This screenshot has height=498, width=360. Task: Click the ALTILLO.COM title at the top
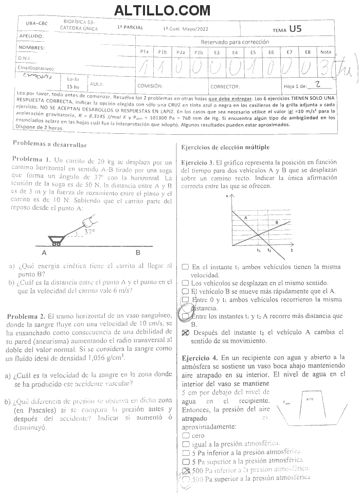(162, 10)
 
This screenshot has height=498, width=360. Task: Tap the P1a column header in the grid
(145, 52)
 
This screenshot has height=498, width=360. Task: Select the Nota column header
(325, 52)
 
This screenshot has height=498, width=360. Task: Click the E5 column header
(253, 52)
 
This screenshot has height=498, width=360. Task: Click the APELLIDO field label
(31, 37)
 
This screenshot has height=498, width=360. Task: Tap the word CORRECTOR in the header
(225, 86)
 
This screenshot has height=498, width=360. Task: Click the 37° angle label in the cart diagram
(89, 232)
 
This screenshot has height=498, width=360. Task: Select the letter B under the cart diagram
(137, 253)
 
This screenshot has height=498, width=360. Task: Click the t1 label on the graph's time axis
(259, 250)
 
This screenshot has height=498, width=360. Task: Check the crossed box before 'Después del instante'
(186, 333)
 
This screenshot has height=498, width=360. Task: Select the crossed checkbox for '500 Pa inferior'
(186, 470)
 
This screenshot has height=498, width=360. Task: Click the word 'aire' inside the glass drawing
(310, 399)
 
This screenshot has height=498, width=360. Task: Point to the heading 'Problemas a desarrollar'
(50, 145)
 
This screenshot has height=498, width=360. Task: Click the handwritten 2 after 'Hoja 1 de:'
(317, 84)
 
